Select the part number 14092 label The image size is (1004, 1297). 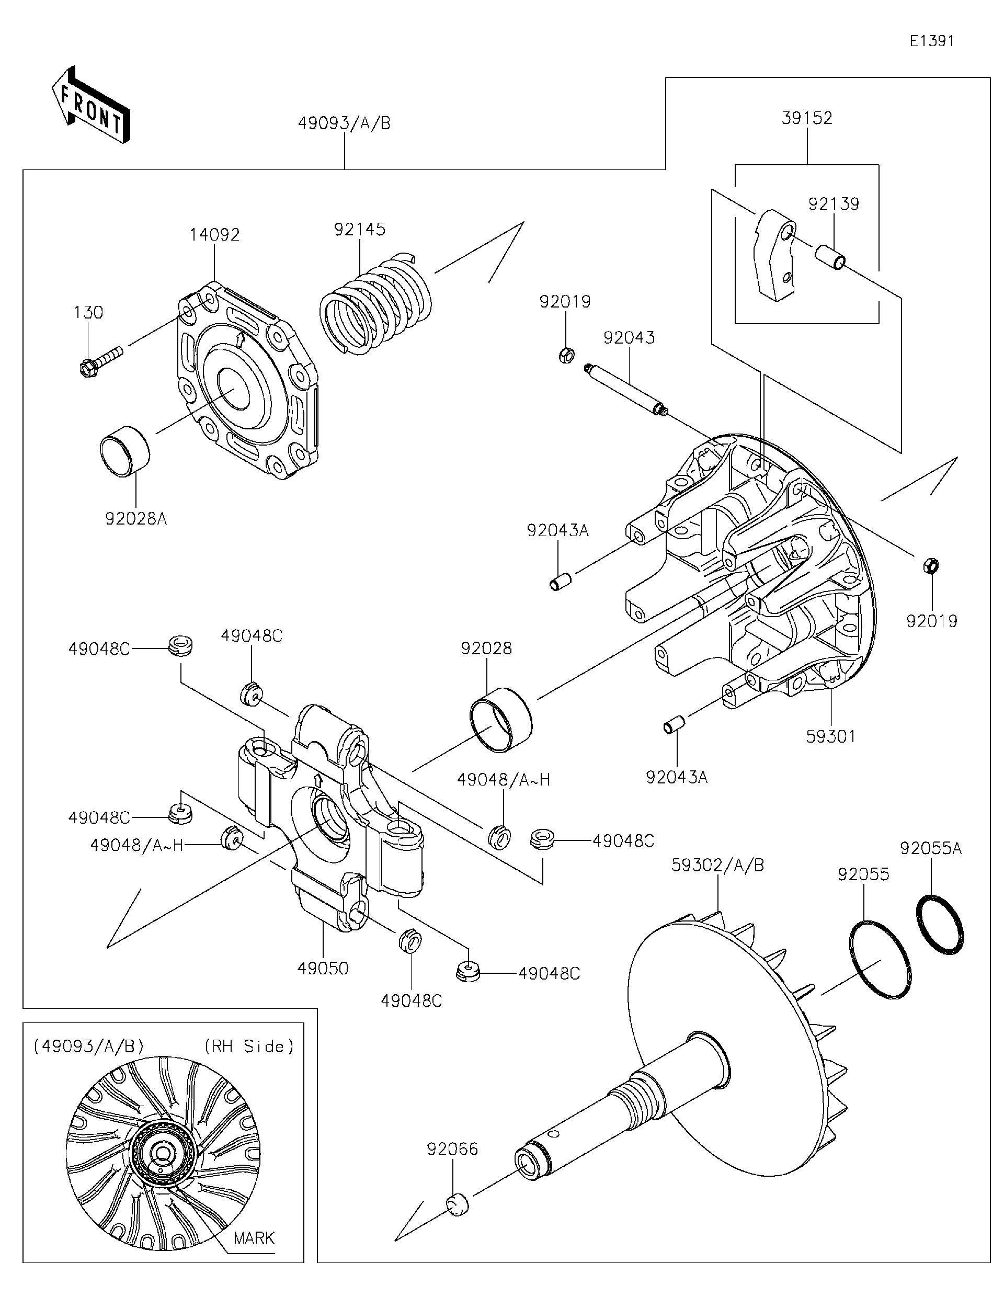[214, 235]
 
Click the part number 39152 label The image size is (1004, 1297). [807, 118]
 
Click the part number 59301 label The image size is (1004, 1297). [830, 737]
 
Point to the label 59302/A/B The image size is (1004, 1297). [717, 865]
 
